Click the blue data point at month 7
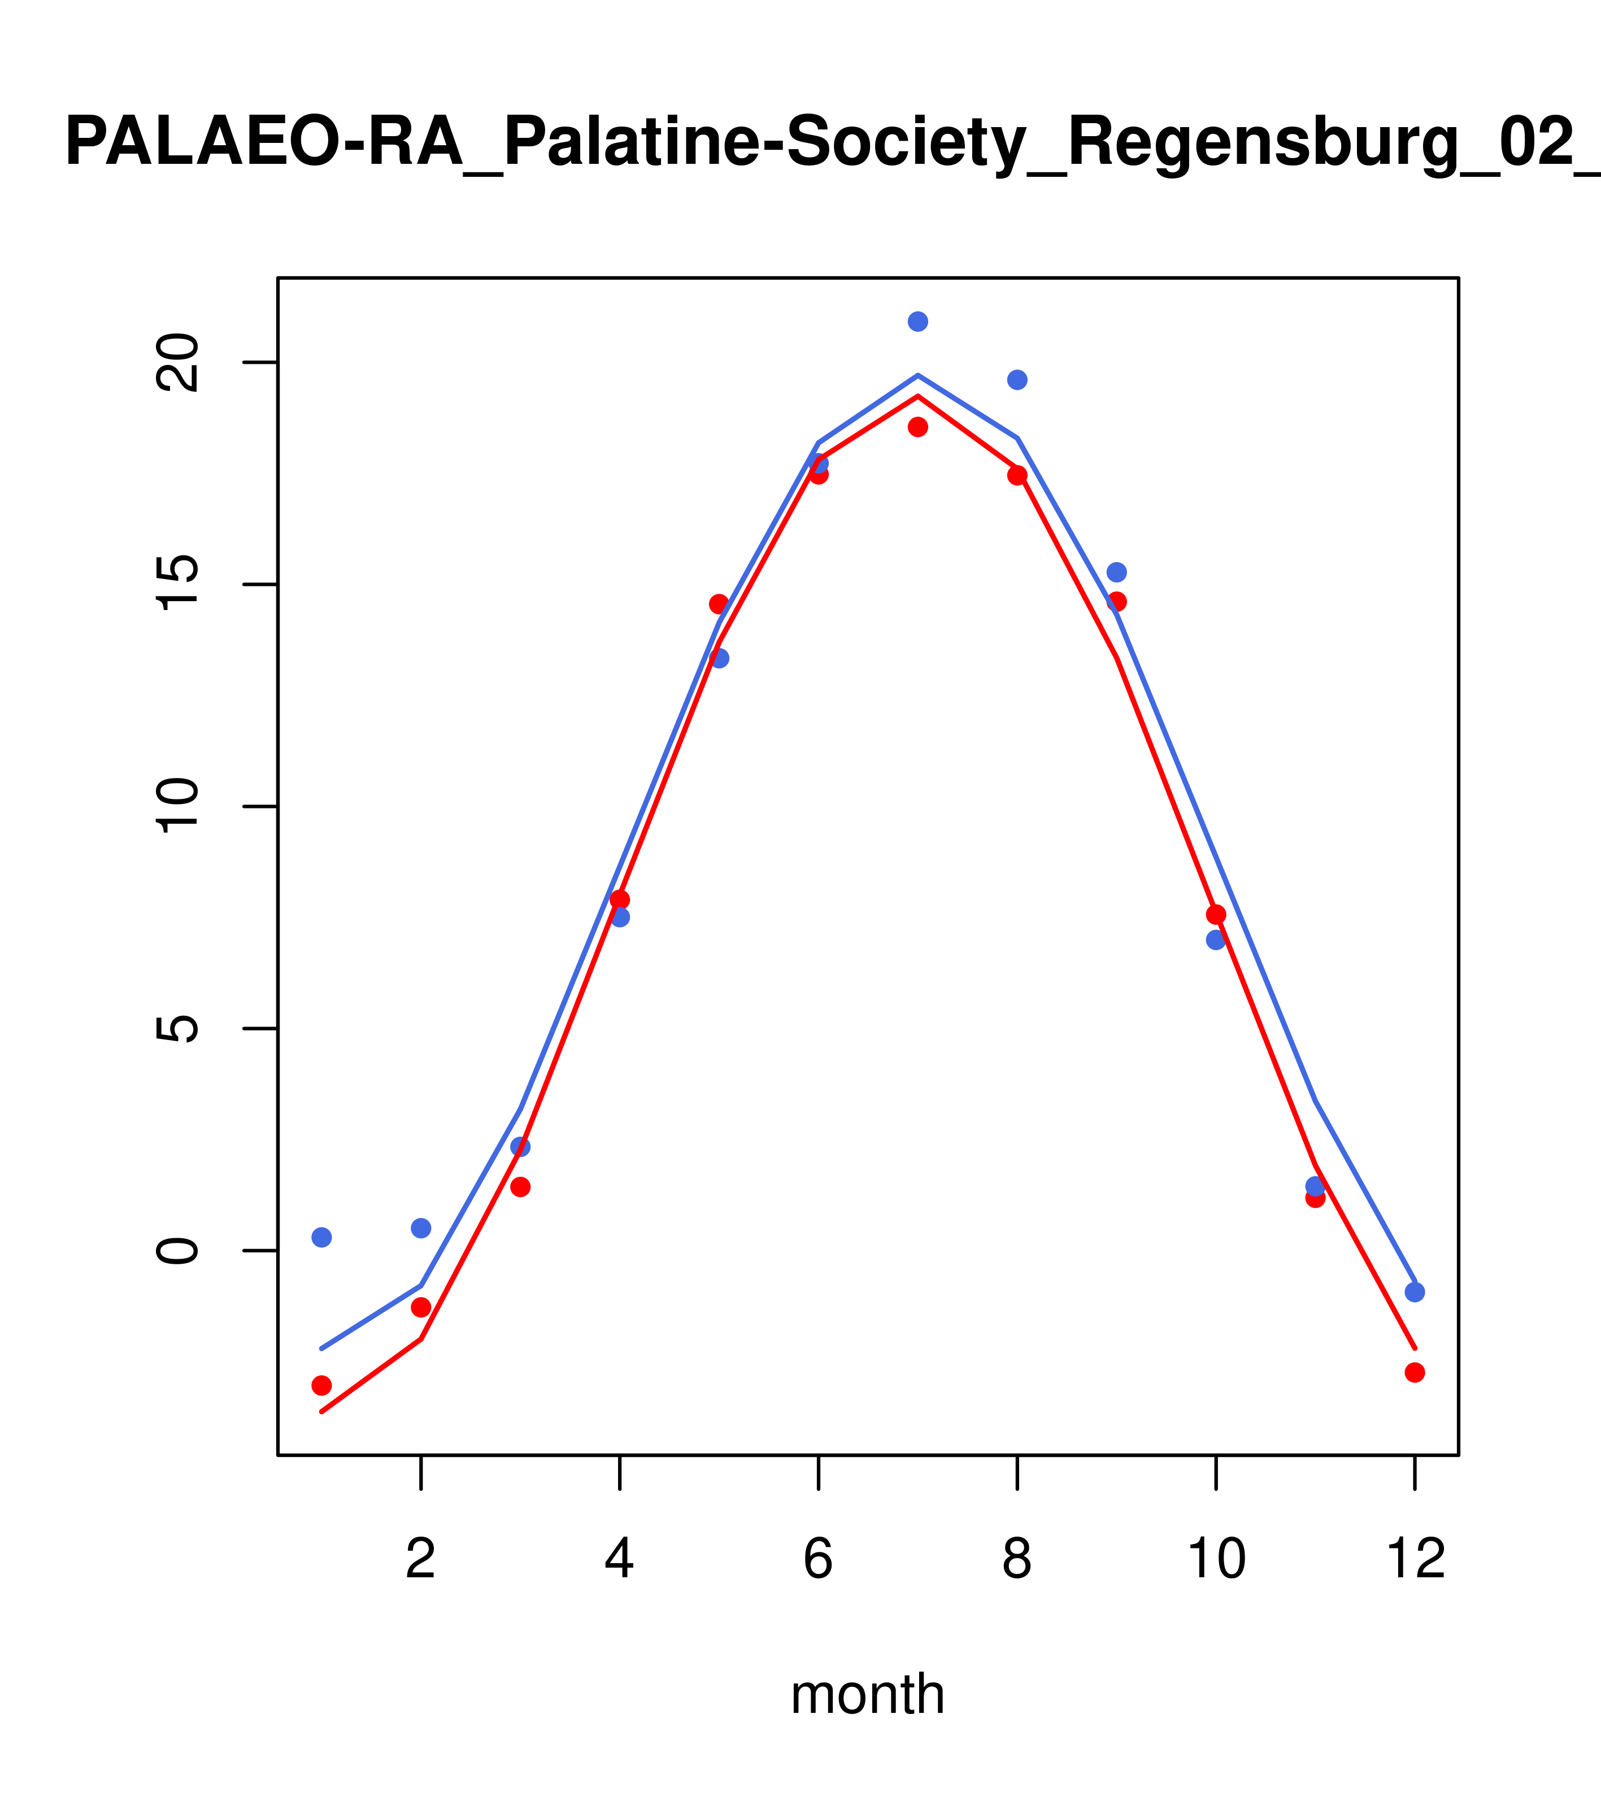tap(917, 321)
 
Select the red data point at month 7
tap(917, 427)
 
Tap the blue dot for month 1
tap(321, 1237)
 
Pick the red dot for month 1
tap(321, 1385)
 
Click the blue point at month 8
tap(1017, 380)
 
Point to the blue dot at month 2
tap(421, 1228)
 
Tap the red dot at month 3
tap(521, 1187)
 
